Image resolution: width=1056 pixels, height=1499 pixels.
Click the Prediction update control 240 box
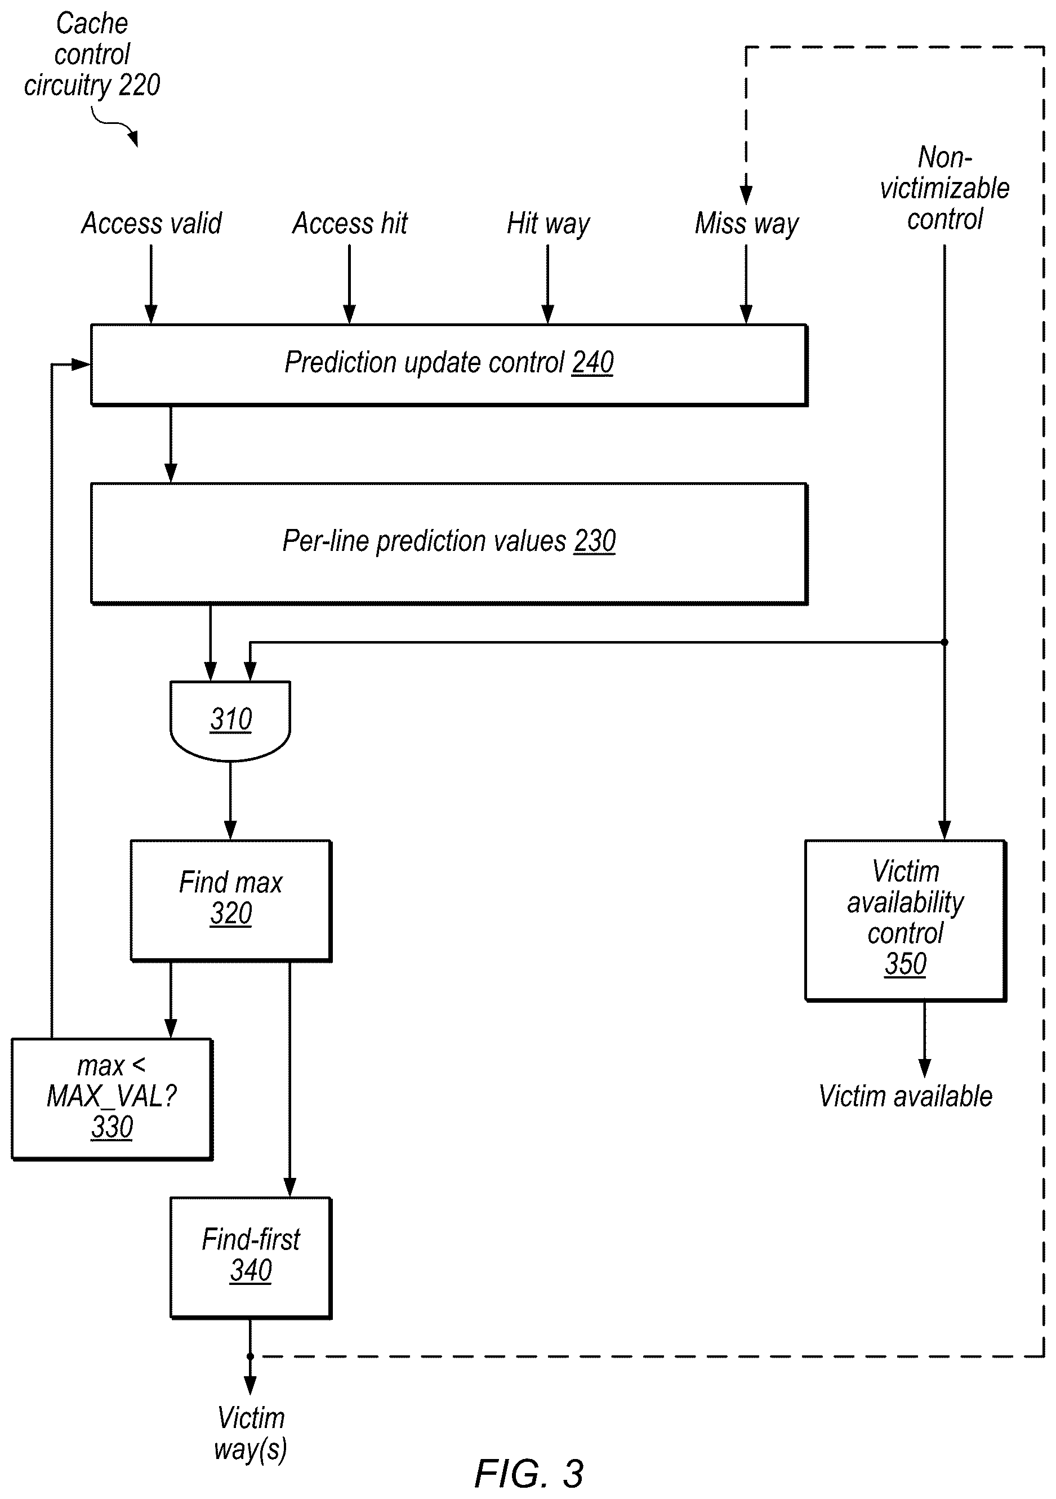click(x=449, y=365)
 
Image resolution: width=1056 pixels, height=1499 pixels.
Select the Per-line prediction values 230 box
click(x=449, y=543)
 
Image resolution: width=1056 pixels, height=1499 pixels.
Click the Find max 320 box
click(x=231, y=900)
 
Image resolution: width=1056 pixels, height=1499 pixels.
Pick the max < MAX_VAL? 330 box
click(x=112, y=1099)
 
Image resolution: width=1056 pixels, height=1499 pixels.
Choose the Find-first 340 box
click(x=251, y=1257)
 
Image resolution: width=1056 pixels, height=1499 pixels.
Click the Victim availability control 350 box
click(x=906, y=920)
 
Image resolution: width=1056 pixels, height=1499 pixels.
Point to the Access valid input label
click(x=152, y=223)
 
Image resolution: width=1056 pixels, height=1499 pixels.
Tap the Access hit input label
click(x=350, y=223)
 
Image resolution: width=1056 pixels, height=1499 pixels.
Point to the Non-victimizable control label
click(x=944, y=188)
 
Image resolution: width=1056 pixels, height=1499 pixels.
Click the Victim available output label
click(x=906, y=1096)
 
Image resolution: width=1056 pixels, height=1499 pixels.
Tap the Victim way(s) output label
click(x=251, y=1434)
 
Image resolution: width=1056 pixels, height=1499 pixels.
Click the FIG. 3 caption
click(x=529, y=1474)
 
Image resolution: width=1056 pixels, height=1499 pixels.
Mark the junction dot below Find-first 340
click(x=250, y=1356)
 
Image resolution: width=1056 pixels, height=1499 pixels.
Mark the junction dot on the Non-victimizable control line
click(x=944, y=642)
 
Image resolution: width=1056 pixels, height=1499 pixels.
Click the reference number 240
click(x=592, y=363)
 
